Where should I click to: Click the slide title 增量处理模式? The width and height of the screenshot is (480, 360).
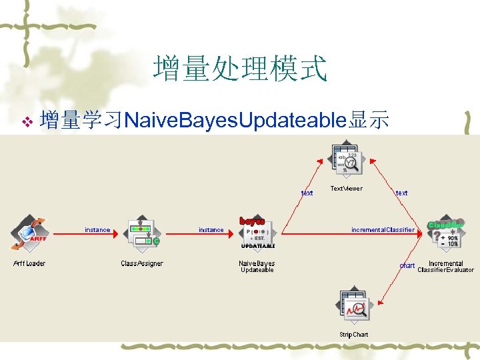(x=240, y=69)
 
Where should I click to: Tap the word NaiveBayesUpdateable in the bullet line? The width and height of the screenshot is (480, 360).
(x=234, y=121)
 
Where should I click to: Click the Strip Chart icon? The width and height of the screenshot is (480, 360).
(x=353, y=307)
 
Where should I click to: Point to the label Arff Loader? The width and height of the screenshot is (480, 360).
(x=29, y=264)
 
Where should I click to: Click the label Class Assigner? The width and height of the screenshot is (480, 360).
(x=142, y=264)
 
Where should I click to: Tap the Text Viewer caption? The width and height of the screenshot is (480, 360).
(x=347, y=189)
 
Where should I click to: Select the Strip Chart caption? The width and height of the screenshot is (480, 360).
(x=353, y=334)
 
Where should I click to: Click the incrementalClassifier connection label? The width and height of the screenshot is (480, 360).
(x=383, y=230)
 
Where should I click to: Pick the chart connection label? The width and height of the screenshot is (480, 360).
(x=407, y=265)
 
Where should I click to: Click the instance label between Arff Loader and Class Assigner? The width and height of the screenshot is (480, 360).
(x=97, y=230)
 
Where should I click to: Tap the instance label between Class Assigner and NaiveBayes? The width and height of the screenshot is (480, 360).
(x=211, y=230)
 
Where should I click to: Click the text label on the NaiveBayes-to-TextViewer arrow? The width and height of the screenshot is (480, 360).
(x=307, y=193)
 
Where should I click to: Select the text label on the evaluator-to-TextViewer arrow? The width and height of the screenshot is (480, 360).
(x=401, y=193)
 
